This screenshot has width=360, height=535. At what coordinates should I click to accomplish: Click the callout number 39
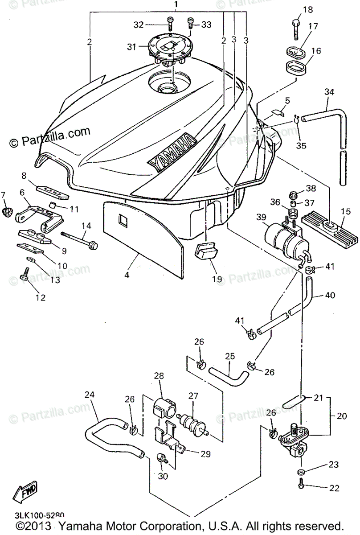point(262,217)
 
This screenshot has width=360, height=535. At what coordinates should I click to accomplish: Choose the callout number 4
point(127,275)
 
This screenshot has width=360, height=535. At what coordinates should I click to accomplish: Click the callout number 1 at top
point(176,5)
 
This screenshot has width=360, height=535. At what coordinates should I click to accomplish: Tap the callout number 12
point(41,297)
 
